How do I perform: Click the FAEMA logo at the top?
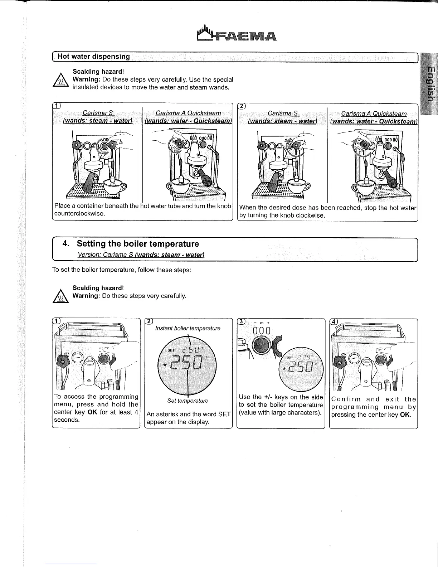pyautogui.click(x=237, y=33)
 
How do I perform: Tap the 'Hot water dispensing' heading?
pyautogui.click(x=94, y=57)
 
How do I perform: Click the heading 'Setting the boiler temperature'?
pyautogui.click(x=137, y=244)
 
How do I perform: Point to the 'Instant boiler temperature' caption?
pyautogui.click(x=188, y=328)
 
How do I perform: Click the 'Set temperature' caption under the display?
pyautogui.click(x=188, y=401)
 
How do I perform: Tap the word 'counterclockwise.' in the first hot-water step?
pyautogui.click(x=79, y=214)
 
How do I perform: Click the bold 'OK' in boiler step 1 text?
pyautogui.click(x=92, y=412)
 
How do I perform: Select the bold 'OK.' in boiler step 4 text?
pyautogui.click(x=405, y=415)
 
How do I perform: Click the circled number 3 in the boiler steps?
pyautogui.click(x=242, y=321)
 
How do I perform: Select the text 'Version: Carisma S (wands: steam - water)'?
pyautogui.click(x=141, y=255)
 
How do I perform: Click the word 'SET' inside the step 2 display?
pyautogui.click(x=171, y=350)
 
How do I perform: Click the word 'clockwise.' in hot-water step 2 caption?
pyautogui.click(x=311, y=215)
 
